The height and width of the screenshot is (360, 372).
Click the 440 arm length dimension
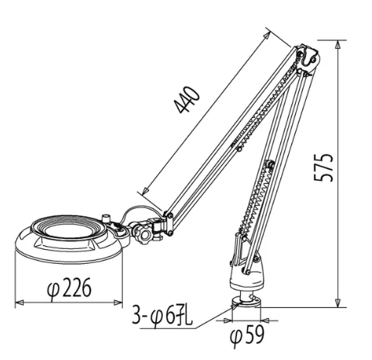(x=187, y=100)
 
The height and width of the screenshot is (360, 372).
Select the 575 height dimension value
(x=323, y=168)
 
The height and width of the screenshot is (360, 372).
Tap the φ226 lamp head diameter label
(x=69, y=289)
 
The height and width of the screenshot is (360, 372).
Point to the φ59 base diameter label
(x=247, y=336)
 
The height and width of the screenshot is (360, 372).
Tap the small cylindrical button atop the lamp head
(x=106, y=219)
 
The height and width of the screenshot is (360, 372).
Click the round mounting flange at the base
(x=246, y=303)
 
